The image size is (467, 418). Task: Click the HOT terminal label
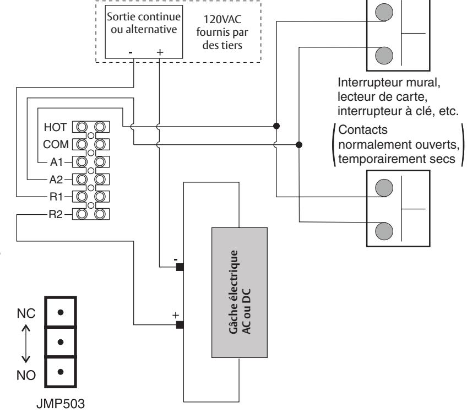click(x=55, y=127)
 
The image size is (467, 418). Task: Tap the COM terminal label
click(x=56, y=144)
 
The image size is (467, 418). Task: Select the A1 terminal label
click(x=57, y=162)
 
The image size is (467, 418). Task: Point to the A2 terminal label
click(x=56, y=180)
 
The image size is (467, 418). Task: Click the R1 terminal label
click(x=56, y=197)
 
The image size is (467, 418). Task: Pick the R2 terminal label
click(x=56, y=215)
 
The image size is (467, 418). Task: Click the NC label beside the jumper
click(x=26, y=313)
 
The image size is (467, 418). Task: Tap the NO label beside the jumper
click(x=26, y=376)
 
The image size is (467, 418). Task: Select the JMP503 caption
click(x=61, y=404)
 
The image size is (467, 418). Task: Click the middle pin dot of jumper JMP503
click(x=61, y=342)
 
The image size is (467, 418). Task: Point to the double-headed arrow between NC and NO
click(x=26, y=344)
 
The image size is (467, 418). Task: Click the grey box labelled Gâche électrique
click(x=240, y=292)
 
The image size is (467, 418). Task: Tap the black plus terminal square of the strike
click(x=180, y=325)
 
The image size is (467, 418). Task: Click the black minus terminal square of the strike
click(x=180, y=267)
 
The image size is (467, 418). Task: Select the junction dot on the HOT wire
click(x=276, y=126)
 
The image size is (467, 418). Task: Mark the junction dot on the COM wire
click(x=299, y=145)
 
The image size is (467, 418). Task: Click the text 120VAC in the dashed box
click(x=222, y=19)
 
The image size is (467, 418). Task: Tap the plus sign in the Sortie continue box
click(x=160, y=52)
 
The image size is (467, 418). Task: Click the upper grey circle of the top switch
click(x=384, y=12)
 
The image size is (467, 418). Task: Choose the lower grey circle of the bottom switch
click(x=384, y=231)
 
